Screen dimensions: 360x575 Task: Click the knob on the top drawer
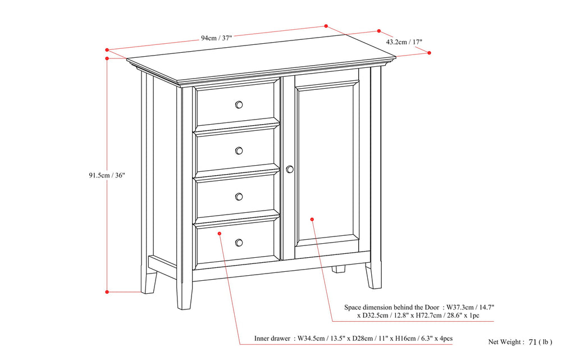coord(239,104)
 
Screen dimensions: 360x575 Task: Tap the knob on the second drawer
coord(239,151)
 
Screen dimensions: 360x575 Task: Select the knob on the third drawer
coord(239,196)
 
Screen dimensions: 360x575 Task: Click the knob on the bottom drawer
coord(239,243)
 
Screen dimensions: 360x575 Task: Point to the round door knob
coord(290,169)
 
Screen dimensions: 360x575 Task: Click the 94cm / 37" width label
coord(216,38)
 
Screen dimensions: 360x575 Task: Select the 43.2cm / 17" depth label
coord(404,42)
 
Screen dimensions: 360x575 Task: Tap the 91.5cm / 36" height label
coord(107,175)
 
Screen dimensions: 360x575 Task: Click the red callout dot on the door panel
coord(312,220)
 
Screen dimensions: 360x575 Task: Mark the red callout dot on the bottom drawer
coord(219,233)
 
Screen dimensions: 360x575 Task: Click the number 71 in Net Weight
coord(533,341)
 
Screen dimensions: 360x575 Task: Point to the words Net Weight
coord(505,341)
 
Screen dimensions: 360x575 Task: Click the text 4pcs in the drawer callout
coord(444,339)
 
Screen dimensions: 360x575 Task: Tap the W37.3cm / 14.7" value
coord(471,307)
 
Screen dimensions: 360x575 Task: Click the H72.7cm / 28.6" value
coord(425,316)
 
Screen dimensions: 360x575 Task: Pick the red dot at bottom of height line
coord(107,291)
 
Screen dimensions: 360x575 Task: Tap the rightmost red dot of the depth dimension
coord(430,53)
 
